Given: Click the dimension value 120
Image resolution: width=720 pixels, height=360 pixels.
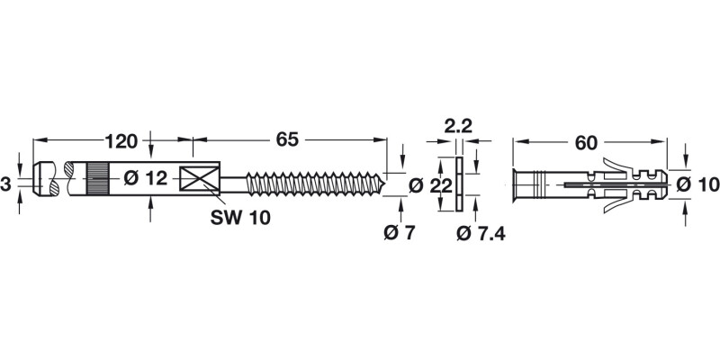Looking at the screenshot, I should coord(121,140).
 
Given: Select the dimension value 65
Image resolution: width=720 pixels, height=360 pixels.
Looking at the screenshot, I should coord(287,140).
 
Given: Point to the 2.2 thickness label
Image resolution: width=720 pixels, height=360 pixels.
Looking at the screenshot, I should coord(459,124).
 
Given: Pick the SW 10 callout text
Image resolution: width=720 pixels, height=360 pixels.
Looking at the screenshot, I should coord(239,217).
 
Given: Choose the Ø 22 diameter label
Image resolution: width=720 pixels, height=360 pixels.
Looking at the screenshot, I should coord(427,185).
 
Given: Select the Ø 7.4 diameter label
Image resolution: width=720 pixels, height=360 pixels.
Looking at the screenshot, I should coord(479,233).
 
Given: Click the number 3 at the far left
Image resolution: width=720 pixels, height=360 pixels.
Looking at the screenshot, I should coord(6,184).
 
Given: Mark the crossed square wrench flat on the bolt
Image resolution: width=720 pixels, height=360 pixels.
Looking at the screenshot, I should coord(200,179).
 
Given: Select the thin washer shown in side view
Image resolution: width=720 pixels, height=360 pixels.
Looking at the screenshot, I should coord(459,184).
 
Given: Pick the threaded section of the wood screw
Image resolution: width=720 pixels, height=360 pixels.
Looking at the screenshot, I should coord(315,184).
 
